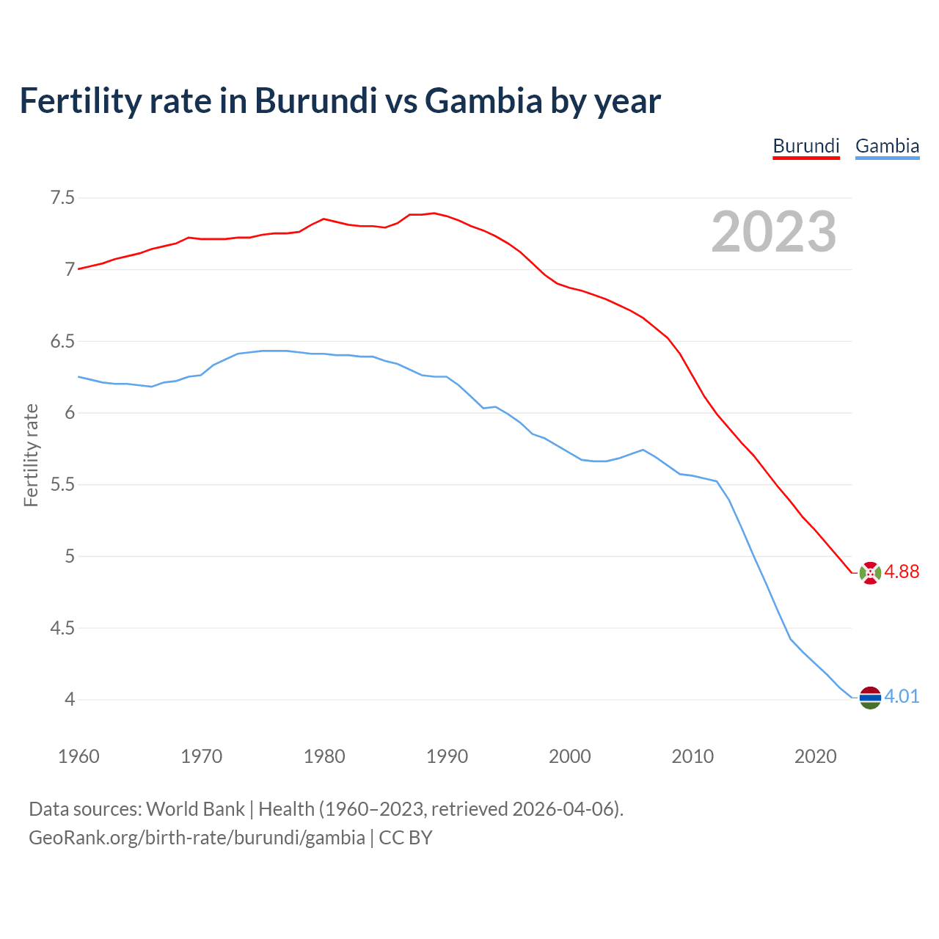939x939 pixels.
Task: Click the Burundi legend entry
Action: tap(805, 146)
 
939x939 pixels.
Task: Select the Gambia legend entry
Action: tap(887, 146)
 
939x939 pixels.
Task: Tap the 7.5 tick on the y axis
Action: tap(62, 198)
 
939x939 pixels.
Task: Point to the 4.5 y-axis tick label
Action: tap(62, 628)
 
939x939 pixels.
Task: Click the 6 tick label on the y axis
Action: tap(70, 413)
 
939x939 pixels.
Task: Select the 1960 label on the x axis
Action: tap(78, 756)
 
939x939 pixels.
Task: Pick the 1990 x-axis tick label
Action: tap(447, 756)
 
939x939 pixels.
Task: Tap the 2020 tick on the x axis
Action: tap(815, 756)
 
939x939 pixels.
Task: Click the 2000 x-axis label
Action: tap(569, 756)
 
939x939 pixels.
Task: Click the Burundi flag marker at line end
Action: tap(870, 572)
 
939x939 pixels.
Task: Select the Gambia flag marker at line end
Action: tap(870, 697)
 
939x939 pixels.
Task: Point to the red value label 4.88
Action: tap(902, 572)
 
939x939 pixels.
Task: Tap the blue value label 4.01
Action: tap(902, 697)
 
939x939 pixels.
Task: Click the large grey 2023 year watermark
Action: tap(774, 232)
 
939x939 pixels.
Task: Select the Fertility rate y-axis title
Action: tap(31, 455)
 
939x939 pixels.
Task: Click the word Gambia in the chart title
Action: tap(483, 101)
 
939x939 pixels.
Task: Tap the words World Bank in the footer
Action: tap(195, 809)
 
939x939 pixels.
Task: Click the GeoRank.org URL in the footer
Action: tap(197, 838)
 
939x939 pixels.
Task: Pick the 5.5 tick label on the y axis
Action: tap(62, 485)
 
